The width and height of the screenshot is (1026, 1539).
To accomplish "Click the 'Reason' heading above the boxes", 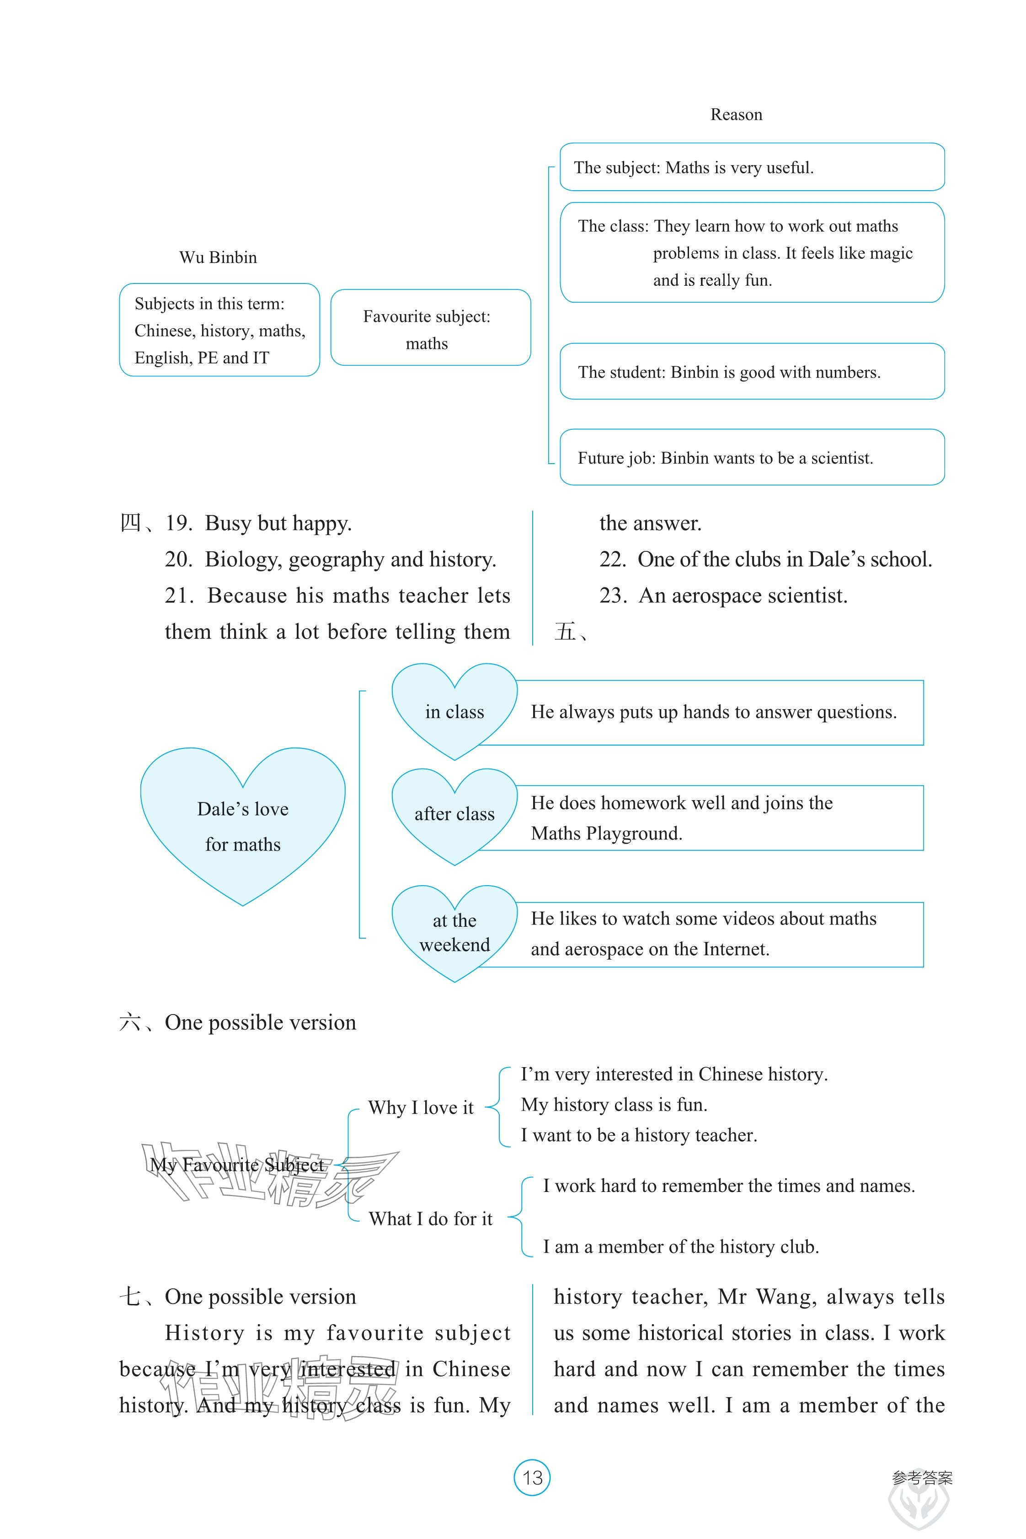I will pyautogui.click(x=736, y=115).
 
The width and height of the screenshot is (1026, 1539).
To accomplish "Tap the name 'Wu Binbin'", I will pyautogui.click(x=218, y=258).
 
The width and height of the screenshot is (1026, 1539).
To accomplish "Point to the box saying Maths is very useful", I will pyautogui.click(x=752, y=167).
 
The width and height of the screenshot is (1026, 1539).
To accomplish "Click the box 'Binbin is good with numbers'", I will pyautogui.click(x=752, y=372).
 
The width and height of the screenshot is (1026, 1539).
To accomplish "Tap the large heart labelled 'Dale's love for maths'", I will pyautogui.click(x=243, y=826).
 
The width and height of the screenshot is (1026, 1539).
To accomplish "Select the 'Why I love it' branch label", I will pyautogui.click(x=420, y=1108).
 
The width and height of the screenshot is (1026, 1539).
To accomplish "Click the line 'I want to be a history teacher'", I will pyautogui.click(x=639, y=1135).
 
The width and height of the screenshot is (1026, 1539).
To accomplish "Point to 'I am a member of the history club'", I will pyautogui.click(x=680, y=1246).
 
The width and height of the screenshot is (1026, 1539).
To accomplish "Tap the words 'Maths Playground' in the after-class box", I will pyautogui.click(x=607, y=834).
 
